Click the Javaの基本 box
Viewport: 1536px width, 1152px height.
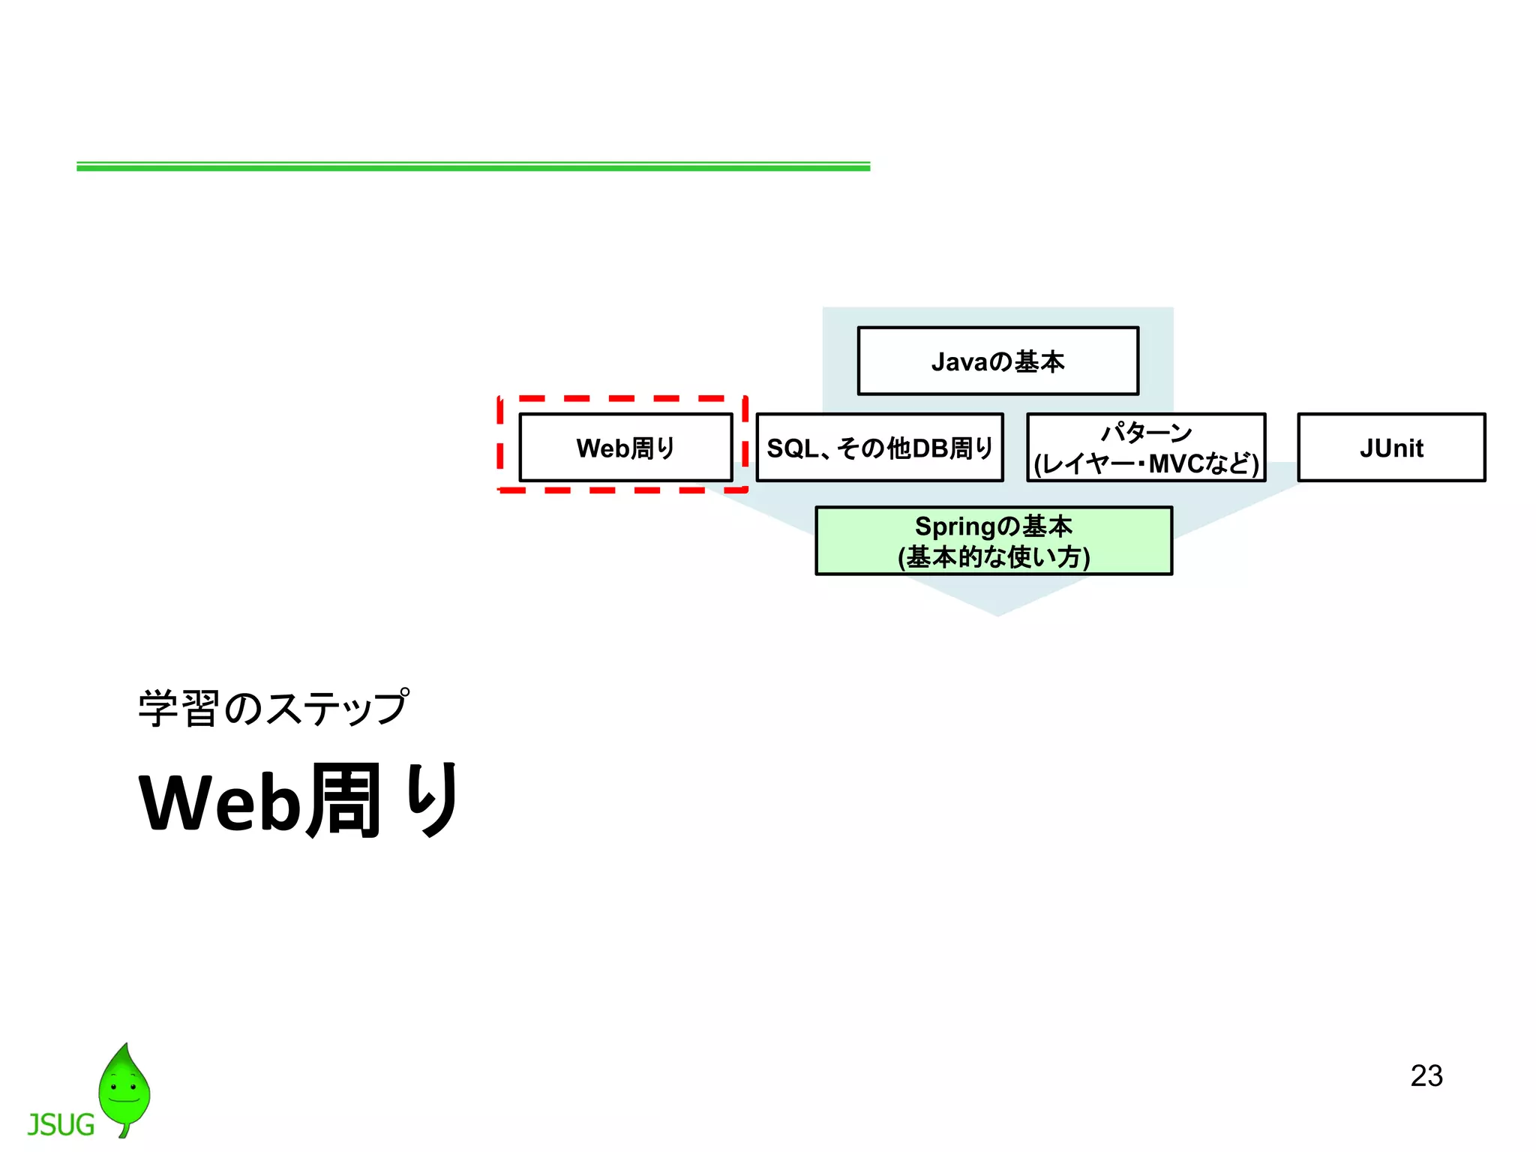(997, 361)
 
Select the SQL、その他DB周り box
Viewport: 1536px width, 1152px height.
(879, 448)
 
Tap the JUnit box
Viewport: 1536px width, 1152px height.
(1391, 448)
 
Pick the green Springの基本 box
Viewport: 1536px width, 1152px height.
(994, 541)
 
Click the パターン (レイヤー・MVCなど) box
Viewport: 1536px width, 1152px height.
(1146, 448)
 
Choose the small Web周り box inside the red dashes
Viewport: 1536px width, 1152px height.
(625, 448)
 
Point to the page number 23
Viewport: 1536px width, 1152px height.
(1426, 1075)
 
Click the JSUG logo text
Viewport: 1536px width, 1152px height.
(61, 1125)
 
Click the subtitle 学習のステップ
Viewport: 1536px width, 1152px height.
(274, 708)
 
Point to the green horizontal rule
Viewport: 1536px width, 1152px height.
(472, 166)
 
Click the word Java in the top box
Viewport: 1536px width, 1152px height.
(959, 361)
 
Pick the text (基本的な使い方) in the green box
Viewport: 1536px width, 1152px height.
(994, 557)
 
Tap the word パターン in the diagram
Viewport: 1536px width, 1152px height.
(1146, 432)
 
